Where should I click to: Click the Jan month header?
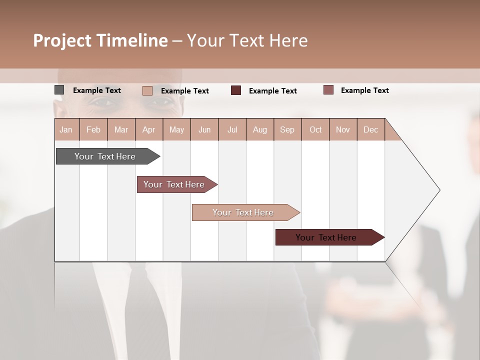click(66, 129)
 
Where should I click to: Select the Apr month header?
click(148, 129)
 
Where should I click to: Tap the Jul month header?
click(232, 129)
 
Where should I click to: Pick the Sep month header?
click(287, 129)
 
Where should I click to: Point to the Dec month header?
click(370, 129)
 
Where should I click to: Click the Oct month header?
click(315, 129)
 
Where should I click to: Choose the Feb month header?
click(93, 129)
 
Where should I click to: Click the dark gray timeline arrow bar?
click(105, 156)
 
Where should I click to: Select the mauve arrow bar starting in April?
click(174, 184)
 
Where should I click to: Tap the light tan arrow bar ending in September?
click(243, 212)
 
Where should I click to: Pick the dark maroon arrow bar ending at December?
click(326, 237)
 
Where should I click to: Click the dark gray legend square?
click(59, 90)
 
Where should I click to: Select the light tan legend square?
click(147, 90)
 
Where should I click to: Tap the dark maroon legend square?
click(236, 90)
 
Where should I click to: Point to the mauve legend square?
click(328, 90)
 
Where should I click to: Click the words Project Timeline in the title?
click(100, 40)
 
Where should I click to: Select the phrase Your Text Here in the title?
click(247, 40)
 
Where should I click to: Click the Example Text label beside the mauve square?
click(364, 90)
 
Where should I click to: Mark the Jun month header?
click(204, 129)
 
